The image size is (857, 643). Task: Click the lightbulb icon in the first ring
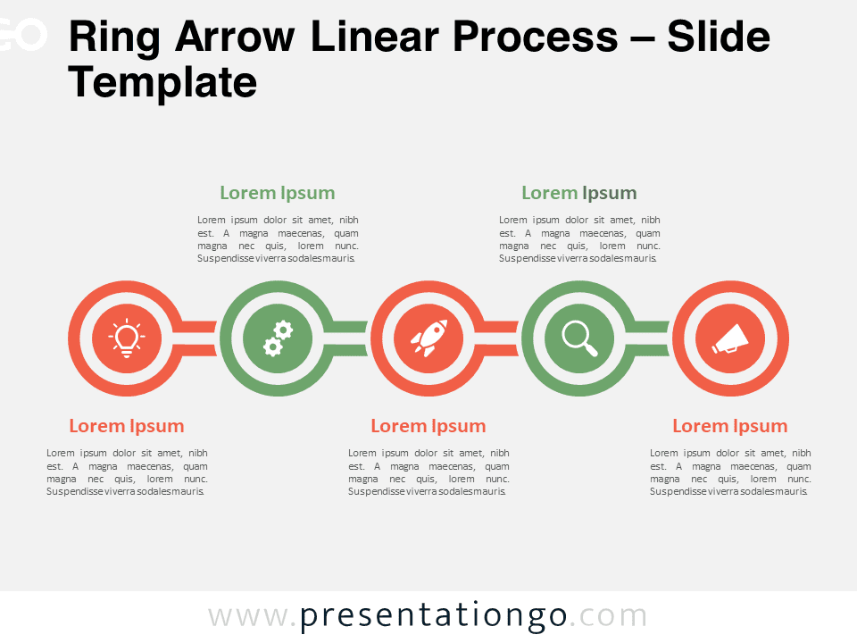(x=127, y=338)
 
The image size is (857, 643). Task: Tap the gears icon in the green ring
(x=278, y=339)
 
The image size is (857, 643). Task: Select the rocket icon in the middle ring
(x=429, y=338)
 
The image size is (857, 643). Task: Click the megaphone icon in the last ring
(x=730, y=339)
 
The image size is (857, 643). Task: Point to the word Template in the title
(x=162, y=82)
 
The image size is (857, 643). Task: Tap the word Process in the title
(x=535, y=37)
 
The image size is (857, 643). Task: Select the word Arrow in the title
(x=235, y=37)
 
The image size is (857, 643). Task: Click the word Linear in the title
(x=375, y=37)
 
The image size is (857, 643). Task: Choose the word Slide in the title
(x=718, y=37)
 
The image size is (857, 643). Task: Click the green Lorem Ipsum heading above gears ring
(x=278, y=193)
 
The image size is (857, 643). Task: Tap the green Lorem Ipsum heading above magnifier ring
(x=579, y=193)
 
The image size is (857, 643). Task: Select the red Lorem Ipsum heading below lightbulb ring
(x=127, y=426)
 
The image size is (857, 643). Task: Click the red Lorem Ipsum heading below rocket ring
(x=428, y=426)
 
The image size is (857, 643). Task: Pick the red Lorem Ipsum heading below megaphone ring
(x=730, y=426)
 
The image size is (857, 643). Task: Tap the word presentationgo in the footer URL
(x=434, y=616)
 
